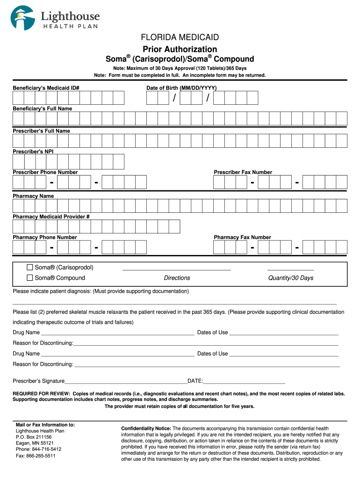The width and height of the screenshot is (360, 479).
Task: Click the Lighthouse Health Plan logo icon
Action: coord(23,18)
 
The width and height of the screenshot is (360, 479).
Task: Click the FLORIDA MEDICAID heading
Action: coord(180,37)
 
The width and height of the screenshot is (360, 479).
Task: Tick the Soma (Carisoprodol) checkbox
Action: coord(30,268)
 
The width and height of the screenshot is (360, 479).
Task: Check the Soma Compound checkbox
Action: coord(30,278)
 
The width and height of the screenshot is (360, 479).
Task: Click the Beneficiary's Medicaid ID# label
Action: coord(46,88)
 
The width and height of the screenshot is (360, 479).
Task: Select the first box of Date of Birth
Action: coord(152,98)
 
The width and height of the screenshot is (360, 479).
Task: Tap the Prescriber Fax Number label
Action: coord(243,172)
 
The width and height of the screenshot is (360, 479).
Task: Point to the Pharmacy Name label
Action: coord(33,196)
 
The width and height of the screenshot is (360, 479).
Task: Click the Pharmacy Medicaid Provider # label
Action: coord(51,217)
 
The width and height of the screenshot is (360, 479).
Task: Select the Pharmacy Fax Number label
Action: coord(242,237)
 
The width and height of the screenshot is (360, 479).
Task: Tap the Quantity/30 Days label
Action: coord(290,278)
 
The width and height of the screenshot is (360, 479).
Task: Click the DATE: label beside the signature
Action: coord(195,381)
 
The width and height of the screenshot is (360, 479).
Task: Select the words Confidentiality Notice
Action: coord(146,428)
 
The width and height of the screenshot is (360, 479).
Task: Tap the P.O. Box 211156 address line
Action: coord(34,437)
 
